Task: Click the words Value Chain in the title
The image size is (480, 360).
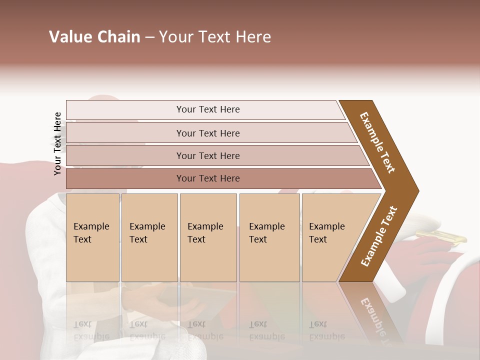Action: pyautogui.click(x=94, y=37)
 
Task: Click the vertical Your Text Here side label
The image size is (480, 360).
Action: pyautogui.click(x=57, y=143)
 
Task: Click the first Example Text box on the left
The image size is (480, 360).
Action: pyautogui.click(x=92, y=237)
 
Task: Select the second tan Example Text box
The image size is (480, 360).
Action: pyautogui.click(x=149, y=237)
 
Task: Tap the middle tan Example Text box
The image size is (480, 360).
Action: pyautogui.click(x=208, y=237)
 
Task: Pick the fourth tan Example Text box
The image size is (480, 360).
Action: pyautogui.click(x=269, y=237)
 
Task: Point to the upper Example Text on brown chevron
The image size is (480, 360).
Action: pyautogui.click(x=377, y=142)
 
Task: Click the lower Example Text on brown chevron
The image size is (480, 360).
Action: pyautogui.click(x=379, y=236)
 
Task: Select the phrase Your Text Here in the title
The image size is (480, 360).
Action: pyautogui.click(x=215, y=37)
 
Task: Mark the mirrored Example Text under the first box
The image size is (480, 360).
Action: pyautogui.click(x=90, y=330)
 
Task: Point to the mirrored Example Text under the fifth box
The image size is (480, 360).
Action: pyautogui.click(x=326, y=330)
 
